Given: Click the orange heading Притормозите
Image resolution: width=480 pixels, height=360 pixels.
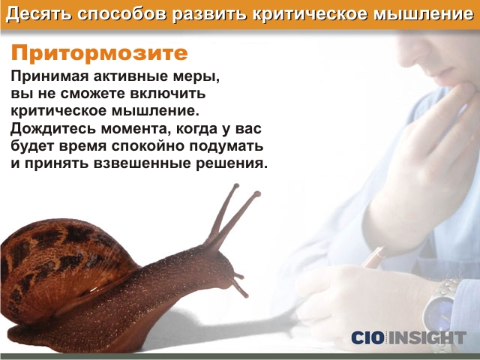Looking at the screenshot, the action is tap(99, 53).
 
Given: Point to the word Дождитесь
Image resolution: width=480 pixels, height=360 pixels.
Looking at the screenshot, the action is tap(52, 129).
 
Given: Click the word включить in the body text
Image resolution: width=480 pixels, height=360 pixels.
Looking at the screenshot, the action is tap(168, 93).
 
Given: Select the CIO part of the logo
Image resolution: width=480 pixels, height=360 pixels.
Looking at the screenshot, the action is tap(367, 337).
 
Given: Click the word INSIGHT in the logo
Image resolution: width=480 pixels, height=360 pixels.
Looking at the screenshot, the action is tap(427, 337).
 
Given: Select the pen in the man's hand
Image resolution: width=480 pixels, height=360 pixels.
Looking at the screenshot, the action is tap(373, 258).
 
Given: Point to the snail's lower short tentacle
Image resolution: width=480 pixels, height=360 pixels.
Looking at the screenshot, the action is tap(240, 289).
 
